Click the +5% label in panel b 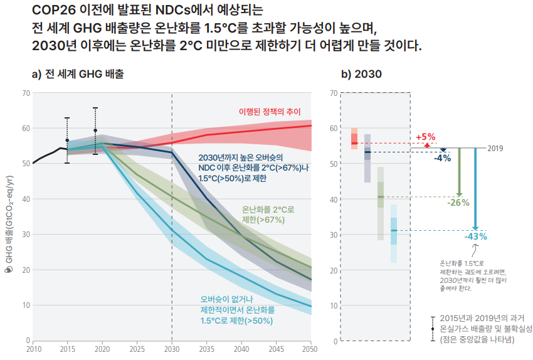click(425, 137)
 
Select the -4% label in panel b click(443, 158)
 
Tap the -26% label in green click(458, 203)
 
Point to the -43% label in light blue click(475, 236)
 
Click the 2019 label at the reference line click(495, 149)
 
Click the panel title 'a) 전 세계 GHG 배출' click(78, 74)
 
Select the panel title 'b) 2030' click(361, 74)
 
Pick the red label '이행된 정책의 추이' click(270, 111)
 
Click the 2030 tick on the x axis click(171, 349)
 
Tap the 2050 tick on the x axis click(310, 349)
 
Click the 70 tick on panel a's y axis click(26, 93)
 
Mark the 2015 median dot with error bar click(67, 140)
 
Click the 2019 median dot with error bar click(95, 131)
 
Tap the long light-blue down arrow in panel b click(475, 188)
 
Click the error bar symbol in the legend click(433, 329)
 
